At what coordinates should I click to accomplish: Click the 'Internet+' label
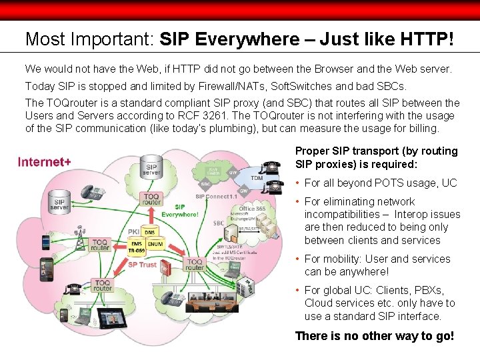point(44,161)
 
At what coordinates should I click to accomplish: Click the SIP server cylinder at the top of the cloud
point(151,169)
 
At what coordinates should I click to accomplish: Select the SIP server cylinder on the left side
point(59,203)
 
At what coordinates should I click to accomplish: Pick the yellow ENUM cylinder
point(155,245)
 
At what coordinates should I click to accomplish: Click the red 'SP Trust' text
point(142,265)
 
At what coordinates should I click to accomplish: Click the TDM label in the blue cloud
point(256,178)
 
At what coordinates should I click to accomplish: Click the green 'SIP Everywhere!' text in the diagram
point(179,211)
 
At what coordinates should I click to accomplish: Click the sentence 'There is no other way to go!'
point(374,335)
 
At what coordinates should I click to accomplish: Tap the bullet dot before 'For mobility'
point(298,259)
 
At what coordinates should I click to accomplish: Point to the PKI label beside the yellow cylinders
point(133,231)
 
